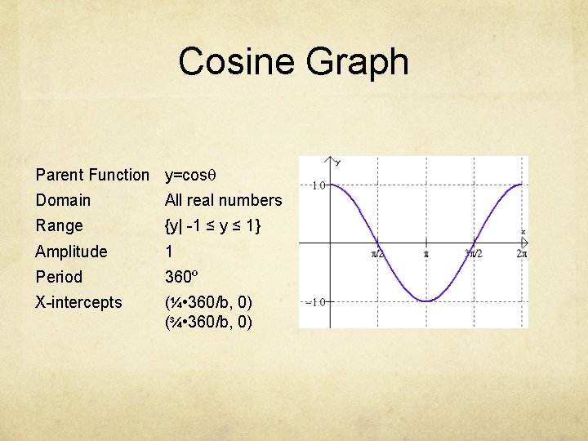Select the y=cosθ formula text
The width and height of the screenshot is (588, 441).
(x=191, y=175)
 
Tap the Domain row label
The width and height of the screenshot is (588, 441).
(x=63, y=200)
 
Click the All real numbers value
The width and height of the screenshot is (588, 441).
(x=223, y=200)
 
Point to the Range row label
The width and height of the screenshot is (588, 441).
(x=59, y=225)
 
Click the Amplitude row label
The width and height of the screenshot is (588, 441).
(x=71, y=252)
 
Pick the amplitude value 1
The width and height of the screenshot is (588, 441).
(x=169, y=252)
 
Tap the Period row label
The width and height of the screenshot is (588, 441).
(x=59, y=277)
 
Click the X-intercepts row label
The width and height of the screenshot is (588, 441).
(x=78, y=302)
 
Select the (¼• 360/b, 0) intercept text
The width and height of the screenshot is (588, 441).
(x=208, y=302)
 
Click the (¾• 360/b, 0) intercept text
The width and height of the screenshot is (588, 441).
(x=208, y=322)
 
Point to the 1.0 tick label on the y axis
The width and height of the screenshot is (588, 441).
(x=318, y=185)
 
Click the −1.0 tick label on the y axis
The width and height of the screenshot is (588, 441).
(x=316, y=301)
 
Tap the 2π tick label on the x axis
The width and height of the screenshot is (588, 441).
(x=522, y=254)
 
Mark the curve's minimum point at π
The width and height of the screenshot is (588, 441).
(x=425, y=301)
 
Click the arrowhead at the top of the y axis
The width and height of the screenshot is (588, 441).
(x=331, y=159)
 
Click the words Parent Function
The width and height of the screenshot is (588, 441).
(x=92, y=175)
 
